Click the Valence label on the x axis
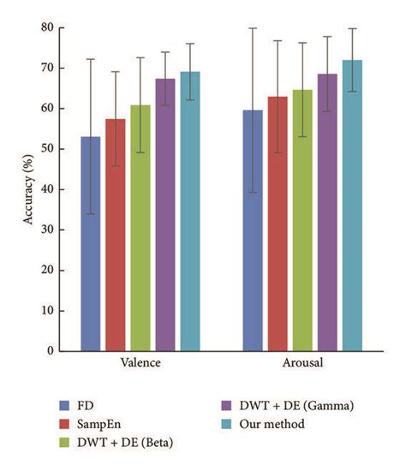coord(140,363)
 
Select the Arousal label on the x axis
coord(302,363)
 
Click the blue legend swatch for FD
coord(64,405)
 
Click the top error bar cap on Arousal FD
coord(253,28)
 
